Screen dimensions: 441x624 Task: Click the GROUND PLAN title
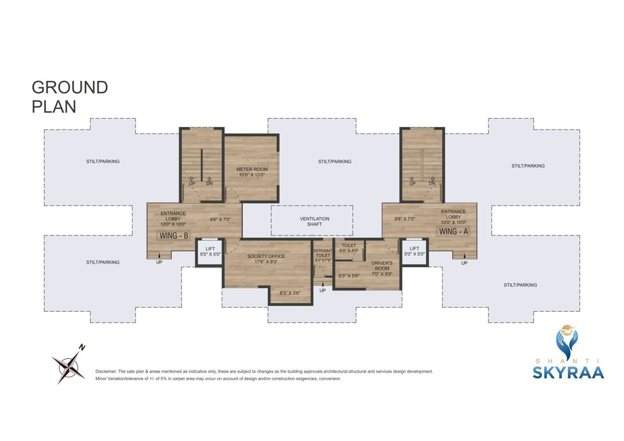(x=69, y=97)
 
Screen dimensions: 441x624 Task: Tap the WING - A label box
(x=454, y=231)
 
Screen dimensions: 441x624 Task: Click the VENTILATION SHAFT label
(x=315, y=222)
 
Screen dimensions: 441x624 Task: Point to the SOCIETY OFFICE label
(x=266, y=259)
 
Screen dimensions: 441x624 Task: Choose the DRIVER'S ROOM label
(x=382, y=268)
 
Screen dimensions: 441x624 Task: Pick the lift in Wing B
(x=210, y=252)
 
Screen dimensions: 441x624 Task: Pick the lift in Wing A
(x=414, y=252)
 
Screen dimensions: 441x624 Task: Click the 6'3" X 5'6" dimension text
(x=348, y=276)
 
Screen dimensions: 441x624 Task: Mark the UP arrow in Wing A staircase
(x=412, y=181)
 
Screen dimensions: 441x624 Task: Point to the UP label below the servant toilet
(x=322, y=291)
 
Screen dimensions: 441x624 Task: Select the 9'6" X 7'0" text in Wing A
(x=405, y=219)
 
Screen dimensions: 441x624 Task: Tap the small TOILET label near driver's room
(x=348, y=246)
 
